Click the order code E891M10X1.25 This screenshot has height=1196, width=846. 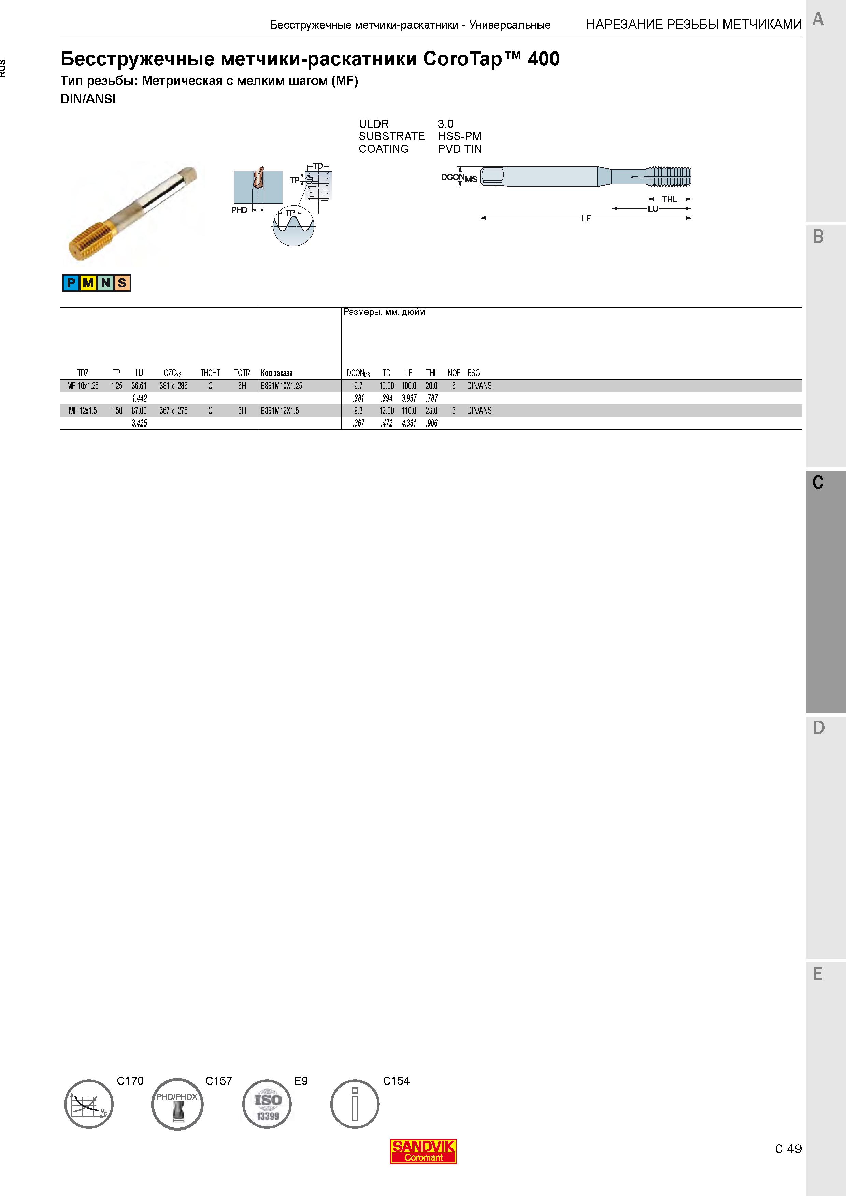click(x=282, y=386)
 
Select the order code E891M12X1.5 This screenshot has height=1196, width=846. click(x=280, y=411)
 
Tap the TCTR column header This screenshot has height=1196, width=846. click(x=242, y=373)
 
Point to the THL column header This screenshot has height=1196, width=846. click(x=431, y=373)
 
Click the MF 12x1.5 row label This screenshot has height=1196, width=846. click(x=83, y=411)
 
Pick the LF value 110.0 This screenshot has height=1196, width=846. click(x=408, y=411)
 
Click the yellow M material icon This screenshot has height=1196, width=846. click(x=88, y=283)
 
